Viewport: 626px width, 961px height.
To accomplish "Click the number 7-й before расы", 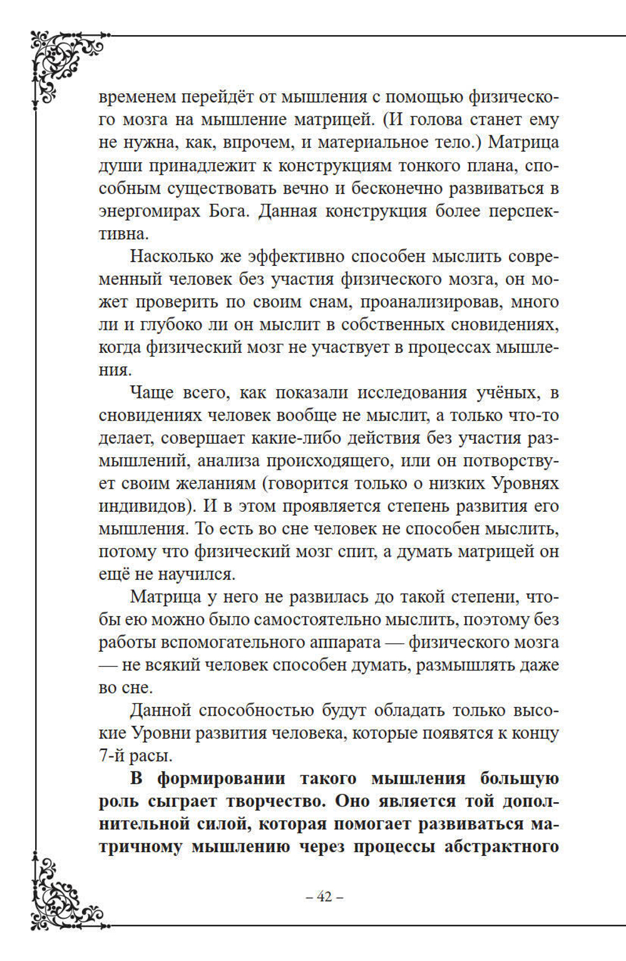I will click(x=113, y=756).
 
